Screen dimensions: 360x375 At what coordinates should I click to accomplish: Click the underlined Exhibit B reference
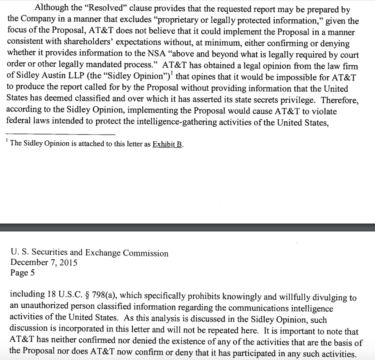click(167, 144)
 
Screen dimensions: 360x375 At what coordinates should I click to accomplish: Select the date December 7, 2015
click(44, 262)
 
